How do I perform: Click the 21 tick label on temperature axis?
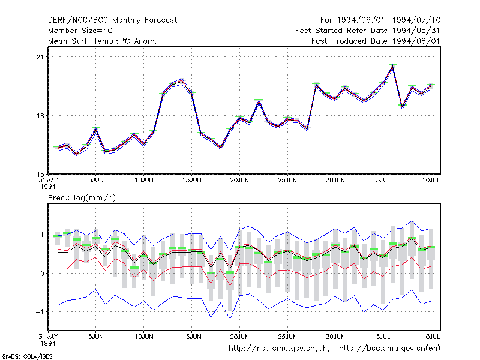coord(40,57)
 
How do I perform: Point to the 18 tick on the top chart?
coord(40,116)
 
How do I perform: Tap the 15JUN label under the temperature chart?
coord(191,181)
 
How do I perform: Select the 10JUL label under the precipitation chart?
coord(431,337)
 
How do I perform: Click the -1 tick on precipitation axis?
coord(40,311)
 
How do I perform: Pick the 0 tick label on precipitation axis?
coord(42,274)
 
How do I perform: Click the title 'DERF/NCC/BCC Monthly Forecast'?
coord(112,20)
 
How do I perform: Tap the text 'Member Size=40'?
coord(80,31)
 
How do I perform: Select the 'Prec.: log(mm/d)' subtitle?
coord(82,198)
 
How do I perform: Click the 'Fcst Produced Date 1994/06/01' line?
coord(376,41)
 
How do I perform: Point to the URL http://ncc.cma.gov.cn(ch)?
coord(279,349)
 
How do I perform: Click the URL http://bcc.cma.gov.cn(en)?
coord(389,349)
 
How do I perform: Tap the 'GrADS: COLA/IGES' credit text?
coord(27,356)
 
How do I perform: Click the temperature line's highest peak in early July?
coord(392,66)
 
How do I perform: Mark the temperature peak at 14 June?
coord(182,80)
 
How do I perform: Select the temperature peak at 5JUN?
coord(96,128)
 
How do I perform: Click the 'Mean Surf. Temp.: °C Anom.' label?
coord(103,41)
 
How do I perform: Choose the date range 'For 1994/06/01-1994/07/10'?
coord(380,20)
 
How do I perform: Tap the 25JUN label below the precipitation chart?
coord(287,337)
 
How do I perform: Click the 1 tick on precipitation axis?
coord(42,235)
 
